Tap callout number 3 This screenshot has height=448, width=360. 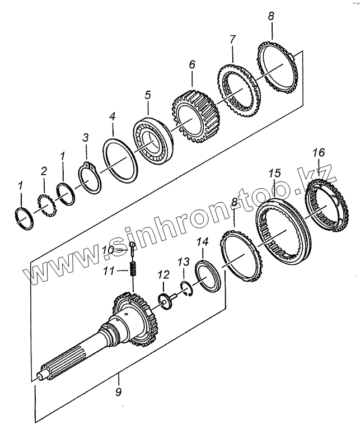(x=86, y=137)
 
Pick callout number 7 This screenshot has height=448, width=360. (x=232, y=40)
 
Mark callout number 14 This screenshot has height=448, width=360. (x=203, y=242)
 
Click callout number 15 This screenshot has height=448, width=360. (x=274, y=174)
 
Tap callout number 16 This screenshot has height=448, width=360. (x=318, y=152)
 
